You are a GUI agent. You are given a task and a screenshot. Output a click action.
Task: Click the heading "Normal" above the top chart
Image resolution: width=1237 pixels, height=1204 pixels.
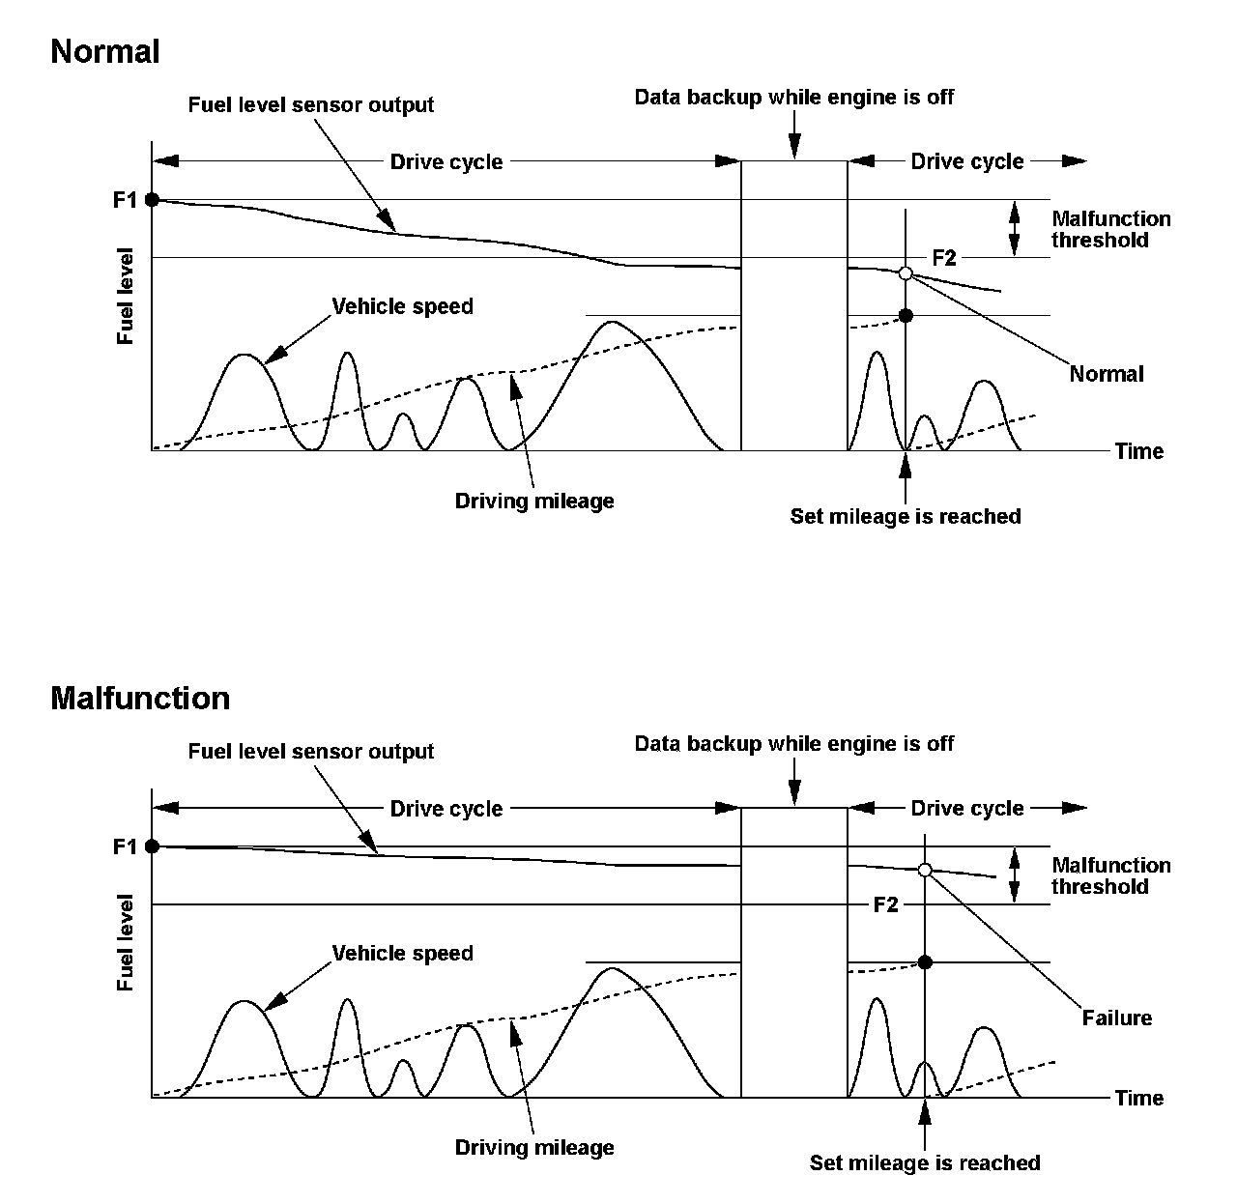point(104,51)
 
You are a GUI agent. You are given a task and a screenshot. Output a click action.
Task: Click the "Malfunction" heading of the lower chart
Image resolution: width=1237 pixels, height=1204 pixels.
point(140,698)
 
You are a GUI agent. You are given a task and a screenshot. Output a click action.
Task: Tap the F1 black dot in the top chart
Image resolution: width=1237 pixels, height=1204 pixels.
point(152,200)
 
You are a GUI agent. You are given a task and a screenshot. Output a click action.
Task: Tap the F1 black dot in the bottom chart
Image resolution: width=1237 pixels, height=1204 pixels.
point(152,846)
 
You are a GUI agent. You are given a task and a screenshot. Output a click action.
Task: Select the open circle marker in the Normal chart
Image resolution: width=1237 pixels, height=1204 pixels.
point(906,273)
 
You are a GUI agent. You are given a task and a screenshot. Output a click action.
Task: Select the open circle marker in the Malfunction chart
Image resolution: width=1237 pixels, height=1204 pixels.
point(925,870)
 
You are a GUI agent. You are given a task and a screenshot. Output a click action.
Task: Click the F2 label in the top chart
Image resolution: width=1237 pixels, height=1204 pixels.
point(944,258)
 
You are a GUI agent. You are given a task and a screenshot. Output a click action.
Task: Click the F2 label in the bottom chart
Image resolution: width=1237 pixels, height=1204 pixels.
point(885,904)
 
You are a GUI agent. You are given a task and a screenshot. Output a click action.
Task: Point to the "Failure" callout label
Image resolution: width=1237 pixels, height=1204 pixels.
point(1116,1018)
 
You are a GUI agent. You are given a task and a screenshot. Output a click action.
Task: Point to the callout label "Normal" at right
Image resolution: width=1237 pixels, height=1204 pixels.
point(1106,374)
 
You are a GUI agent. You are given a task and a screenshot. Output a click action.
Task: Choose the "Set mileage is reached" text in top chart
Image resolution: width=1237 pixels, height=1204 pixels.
point(906,516)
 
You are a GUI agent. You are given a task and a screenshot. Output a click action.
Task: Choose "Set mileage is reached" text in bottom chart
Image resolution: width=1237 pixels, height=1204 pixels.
point(925,1162)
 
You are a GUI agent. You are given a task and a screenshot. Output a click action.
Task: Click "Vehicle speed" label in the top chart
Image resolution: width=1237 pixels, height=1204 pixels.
point(402,306)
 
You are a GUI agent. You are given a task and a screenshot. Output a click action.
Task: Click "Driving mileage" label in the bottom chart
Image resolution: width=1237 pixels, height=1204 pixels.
point(534,1147)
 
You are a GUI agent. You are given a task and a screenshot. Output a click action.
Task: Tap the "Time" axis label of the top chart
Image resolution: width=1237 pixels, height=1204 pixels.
point(1138,451)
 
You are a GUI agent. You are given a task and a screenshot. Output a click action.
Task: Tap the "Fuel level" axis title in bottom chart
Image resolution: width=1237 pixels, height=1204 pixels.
point(125,942)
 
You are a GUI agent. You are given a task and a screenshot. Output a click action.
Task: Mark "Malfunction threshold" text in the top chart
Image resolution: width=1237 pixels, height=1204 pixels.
point(1110,229)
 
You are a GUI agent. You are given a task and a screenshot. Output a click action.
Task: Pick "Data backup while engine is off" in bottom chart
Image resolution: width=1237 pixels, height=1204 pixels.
point(793,743)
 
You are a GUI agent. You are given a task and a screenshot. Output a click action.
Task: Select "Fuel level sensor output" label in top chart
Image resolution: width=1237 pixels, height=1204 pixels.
point(310,104)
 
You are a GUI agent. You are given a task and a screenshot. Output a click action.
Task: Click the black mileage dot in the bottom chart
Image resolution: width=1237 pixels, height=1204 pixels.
point(925,962)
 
